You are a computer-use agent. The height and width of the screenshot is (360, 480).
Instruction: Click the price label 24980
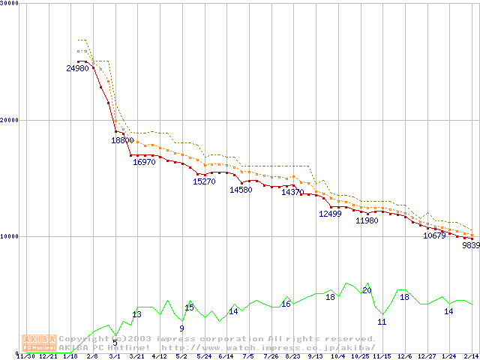[x=78, y=68]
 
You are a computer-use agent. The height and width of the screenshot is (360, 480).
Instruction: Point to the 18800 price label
[x=122, y=140]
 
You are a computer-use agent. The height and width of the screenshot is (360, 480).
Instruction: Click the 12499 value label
[x=330, y=214]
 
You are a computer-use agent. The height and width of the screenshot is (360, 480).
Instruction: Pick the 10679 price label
[x=434, y=235]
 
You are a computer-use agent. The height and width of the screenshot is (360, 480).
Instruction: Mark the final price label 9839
[x=470, y=245]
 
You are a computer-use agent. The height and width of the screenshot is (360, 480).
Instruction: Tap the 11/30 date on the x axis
[x=25, y=356]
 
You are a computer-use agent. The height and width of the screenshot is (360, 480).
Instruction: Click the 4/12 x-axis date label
[x=159, y=356]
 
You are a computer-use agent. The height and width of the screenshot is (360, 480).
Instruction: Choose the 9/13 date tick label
[x=315, y=356]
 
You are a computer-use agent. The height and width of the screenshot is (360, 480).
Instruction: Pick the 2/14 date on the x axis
[x=471, y=356]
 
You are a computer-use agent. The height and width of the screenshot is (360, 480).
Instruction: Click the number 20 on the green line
[x=367, y=290]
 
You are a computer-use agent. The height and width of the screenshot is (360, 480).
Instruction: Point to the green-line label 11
[x=382, y=322]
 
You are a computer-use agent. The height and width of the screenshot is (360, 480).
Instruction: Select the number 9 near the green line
[x=181, y=328]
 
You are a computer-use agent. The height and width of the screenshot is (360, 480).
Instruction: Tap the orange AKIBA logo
[x=39, y=343]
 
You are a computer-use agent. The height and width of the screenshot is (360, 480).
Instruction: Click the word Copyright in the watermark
[x=82, y=338]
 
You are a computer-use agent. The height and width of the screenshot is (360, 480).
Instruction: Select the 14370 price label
[x=292, y=192]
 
